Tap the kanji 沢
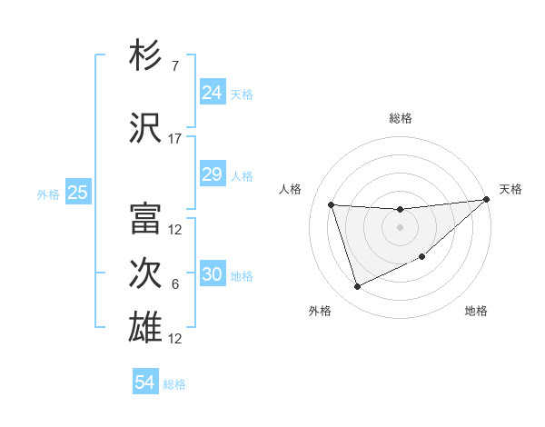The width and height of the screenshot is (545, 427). click(146, 129)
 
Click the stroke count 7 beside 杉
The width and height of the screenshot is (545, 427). click(174, 65)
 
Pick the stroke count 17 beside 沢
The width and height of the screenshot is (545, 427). click(174, 139)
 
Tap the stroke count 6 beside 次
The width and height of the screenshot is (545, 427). click(174, 284)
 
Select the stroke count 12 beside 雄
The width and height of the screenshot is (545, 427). click(174, 338)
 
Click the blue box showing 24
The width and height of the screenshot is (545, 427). click(212, 92)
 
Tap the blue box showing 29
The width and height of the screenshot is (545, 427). click(212, 174)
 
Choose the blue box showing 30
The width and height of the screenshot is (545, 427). click(212, 274)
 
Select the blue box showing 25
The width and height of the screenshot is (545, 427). click(77, 193)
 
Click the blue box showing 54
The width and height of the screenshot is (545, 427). click(144, 382)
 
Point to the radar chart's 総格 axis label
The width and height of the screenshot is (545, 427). click(400, 118)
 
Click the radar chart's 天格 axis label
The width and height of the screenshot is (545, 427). click(510, 189)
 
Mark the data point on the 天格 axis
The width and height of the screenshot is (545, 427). click(487, 199)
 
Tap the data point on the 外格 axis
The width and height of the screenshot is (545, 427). click(357, 287)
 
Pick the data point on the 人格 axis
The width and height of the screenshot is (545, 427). click(332, 204)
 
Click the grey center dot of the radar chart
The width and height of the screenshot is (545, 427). click(400, 227)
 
